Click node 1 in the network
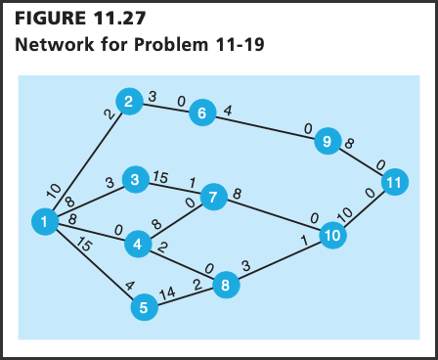[x=44, y=223]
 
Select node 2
[x=128, y=101]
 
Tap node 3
[x=134, y=180]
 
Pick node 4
[x=140, y=244]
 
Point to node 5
[x=144, y=307]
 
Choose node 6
[x=201, y=112]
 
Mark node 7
[x=213, y=199]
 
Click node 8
[x=226, y=286]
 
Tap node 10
[x=333, y=235]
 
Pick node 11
[x=394, y=184]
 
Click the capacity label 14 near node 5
[x=167, y=291]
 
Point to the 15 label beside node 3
[x=160, y=177]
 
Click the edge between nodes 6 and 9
[x=264, y=127]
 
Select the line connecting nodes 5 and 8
[x=185, y=296]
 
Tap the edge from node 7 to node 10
[x=274, y=217]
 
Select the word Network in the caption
[x=54, y=45]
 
